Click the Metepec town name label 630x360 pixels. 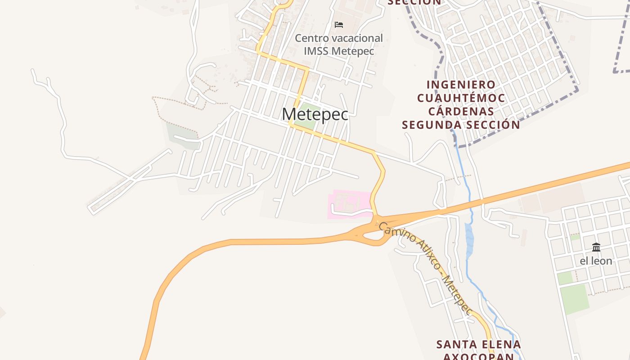[315, 114]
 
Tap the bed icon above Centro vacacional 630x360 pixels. [339, 24]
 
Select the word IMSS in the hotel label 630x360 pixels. [316, 51]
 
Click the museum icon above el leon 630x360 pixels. [596, 247]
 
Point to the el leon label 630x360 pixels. [596, 261]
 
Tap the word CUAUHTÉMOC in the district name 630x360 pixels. [461, 98]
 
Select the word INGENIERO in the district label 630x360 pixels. [461, 85]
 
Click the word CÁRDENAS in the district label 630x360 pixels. [461, 111]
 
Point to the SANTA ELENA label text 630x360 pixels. [478, 345]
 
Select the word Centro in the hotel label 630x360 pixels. [311, 38]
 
